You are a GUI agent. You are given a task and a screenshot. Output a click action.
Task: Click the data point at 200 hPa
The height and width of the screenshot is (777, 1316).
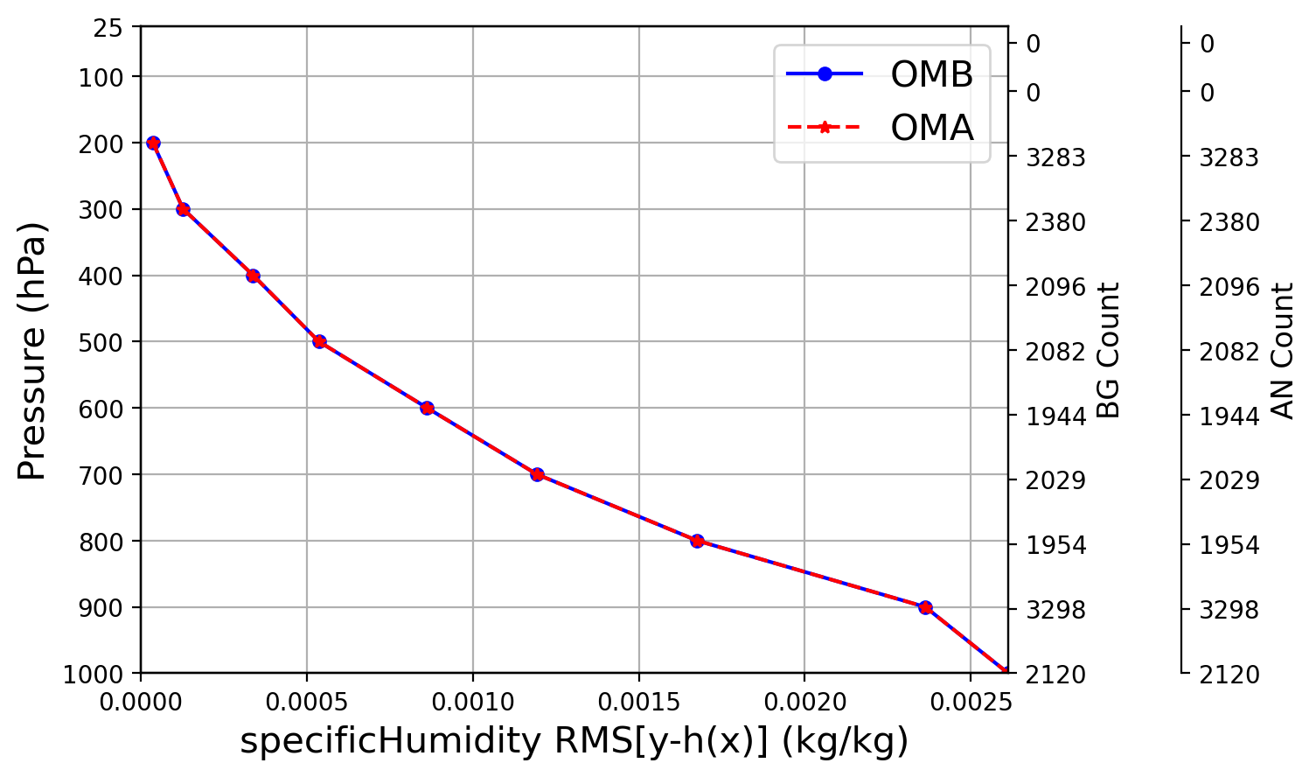pos(153,143)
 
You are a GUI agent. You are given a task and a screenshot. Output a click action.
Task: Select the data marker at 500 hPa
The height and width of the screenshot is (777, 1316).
pos(319,341)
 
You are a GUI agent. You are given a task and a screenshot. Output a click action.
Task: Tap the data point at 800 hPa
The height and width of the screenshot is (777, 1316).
pos(697,541)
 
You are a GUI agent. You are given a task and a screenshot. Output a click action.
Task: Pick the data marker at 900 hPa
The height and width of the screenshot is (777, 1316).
pos(925,607)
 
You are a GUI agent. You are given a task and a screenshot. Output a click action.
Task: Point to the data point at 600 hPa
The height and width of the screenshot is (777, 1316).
pos(427,408)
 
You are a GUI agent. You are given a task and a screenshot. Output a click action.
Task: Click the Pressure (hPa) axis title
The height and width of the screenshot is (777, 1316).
pos(31,351)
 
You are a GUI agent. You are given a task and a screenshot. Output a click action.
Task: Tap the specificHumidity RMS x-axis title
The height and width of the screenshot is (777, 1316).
pos(574,741)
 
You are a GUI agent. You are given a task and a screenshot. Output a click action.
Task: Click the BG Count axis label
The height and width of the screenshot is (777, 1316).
pos(1109,350)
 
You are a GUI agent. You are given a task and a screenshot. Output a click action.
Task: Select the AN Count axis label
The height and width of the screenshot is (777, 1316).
pos(1283,350)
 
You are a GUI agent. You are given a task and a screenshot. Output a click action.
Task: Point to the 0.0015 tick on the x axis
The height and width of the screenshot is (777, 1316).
pos(638,701)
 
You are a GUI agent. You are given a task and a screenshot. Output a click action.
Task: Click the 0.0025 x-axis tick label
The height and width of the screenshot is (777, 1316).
pos(970,701)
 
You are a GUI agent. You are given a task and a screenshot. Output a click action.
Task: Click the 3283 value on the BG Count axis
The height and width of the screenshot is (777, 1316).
pos(1055,157)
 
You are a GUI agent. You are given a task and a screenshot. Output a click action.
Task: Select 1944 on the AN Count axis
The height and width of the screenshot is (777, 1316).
pos(1229,416)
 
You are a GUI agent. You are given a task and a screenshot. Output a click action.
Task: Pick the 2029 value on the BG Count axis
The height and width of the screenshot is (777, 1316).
pos(1055,480)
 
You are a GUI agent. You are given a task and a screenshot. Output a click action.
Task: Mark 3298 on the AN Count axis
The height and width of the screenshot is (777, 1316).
pos(1229,610)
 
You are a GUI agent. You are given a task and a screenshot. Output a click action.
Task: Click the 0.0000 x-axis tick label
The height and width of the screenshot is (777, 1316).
pos(142,701)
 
